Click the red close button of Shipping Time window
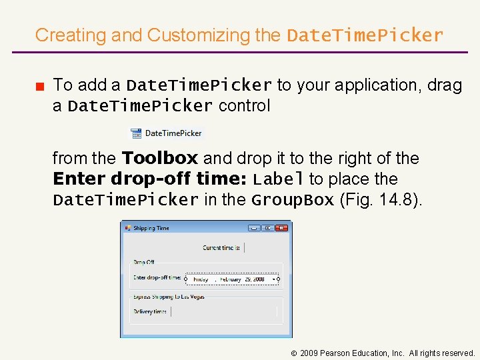[281, 228]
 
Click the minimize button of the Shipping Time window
[253, 228]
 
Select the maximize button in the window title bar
[267, 228]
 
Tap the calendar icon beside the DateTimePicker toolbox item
[137, 133]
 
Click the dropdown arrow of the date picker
[273, 279]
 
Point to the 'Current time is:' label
[221, 248]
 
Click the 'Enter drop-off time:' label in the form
[157, 278]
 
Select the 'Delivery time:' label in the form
[151, 311]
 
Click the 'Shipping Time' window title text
[151, 228]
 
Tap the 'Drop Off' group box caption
[143, 263]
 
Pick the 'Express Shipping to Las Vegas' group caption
[169, 297]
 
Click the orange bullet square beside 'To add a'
[40, 85]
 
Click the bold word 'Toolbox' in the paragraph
[160, 158]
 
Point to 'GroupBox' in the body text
[293, 200]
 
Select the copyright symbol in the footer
[294, 353]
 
